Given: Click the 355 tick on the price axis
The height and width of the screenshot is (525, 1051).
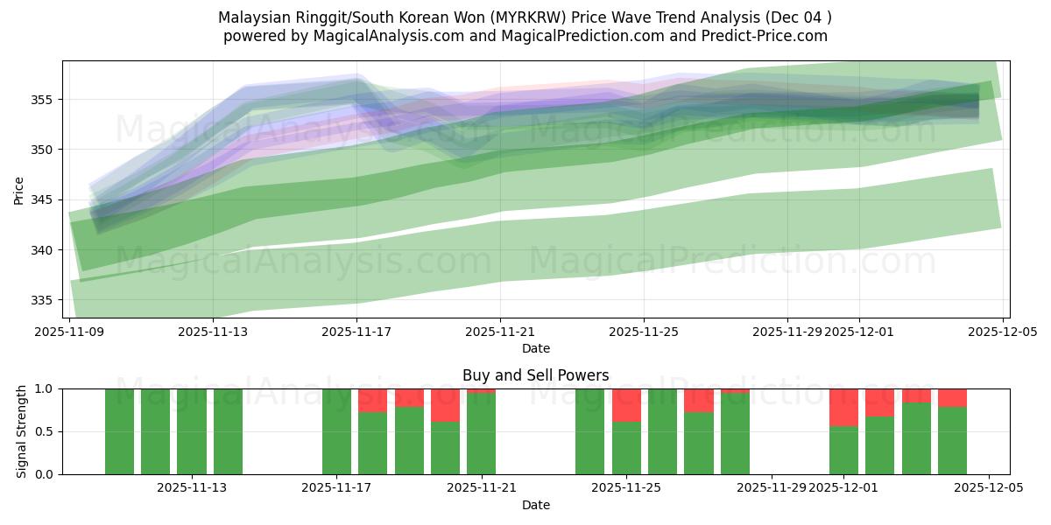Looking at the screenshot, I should tap(44, 100).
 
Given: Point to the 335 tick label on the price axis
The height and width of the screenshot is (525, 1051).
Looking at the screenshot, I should tap(44, 300).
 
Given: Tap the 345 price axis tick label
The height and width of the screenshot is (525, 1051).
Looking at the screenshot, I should tap(44, 200).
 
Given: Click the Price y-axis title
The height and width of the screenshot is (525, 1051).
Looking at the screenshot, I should tap(19, 189).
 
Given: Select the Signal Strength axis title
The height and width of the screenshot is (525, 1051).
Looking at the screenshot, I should tap(21, 431).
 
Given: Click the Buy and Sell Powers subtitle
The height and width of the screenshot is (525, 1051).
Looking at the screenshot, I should tap(535, 375).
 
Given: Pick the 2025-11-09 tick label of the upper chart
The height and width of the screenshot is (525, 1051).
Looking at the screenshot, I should tap(69, 332).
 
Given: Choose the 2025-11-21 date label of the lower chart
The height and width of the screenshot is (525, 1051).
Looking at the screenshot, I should tap(481, 488).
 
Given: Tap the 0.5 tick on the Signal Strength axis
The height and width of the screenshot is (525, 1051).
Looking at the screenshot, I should tap(44, 431).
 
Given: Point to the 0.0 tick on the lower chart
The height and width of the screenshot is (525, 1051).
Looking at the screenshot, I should tap(44, 474).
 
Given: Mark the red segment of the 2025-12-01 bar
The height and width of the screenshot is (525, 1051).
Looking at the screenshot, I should tap(843, 407).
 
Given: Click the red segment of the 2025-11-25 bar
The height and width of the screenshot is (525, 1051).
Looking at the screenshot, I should tap(626, 405).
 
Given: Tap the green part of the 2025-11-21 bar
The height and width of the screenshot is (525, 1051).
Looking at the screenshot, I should tap(481, 434).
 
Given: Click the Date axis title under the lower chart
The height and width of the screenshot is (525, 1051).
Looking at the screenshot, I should tap(535, 505).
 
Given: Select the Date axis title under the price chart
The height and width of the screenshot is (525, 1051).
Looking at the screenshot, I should tap(535, 348).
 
